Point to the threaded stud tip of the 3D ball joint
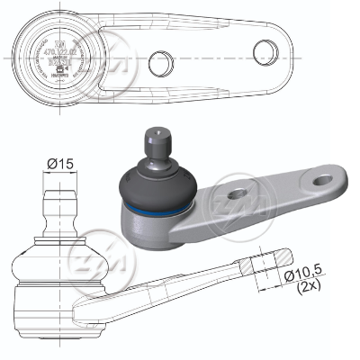coord(154,138)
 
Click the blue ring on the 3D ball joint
coord(157,209)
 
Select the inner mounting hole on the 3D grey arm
coord(237,193)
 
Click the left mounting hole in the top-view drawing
coord(161,62)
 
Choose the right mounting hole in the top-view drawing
coord(264,49)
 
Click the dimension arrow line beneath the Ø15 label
coord(59,175)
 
